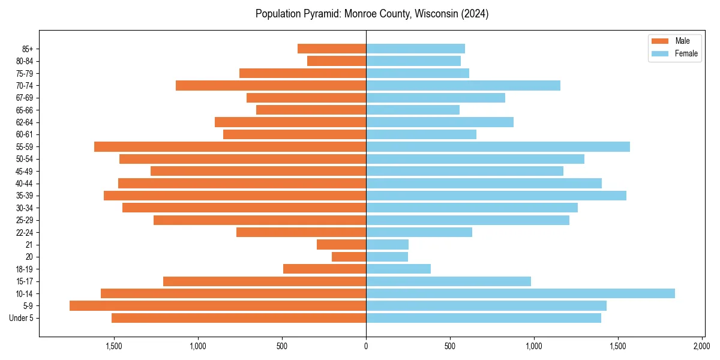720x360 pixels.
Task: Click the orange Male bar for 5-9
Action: pyautogui.click(x=218, y=306)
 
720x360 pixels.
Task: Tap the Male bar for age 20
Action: pyautogui.click(x=349, y=257)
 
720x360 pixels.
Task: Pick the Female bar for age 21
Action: pyautogui.click(x=387, y=245)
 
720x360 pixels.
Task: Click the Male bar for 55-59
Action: pyautogui.click(x=230, y=147)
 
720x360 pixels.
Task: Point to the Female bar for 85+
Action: pyautogui.click(x=415, y=49)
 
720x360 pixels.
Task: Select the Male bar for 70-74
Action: pyautogui.click(x=271, y=86)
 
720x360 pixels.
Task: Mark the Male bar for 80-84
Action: pyautogui.click(x=337, y=61)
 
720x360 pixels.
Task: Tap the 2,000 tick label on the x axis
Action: pyautogui.click(x=701, y=346)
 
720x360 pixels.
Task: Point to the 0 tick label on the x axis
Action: pyautogui.click(x=366, y=346)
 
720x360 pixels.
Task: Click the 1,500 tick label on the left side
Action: pyautogui.click(x=114, y=346)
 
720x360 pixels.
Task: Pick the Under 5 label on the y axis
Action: pyautogui.click(x=21, y=318)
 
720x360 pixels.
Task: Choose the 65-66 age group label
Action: pyautogui.click(x=24, y=110)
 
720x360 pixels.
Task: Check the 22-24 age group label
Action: pyautogui.click(x=24, y=233)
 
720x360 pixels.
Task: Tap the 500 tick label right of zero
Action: pyautogui.click(x=450, y=346)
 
